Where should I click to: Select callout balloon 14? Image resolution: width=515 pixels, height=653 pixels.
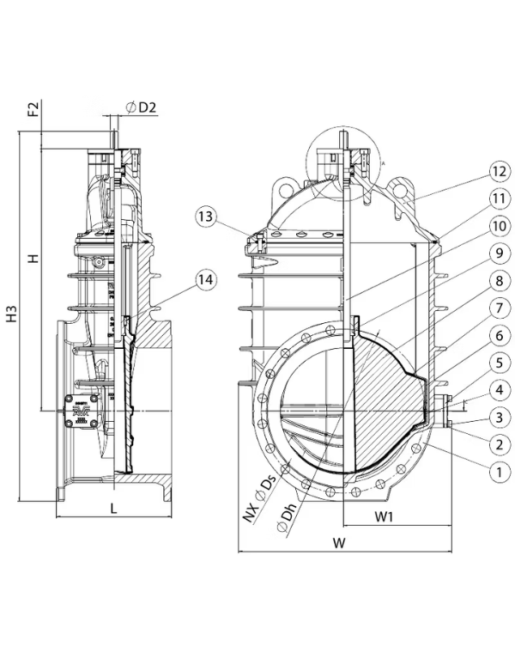(203, 278)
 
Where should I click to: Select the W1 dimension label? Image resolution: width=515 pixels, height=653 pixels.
(384, 517)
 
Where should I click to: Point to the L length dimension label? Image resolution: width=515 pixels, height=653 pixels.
(113, 510)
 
